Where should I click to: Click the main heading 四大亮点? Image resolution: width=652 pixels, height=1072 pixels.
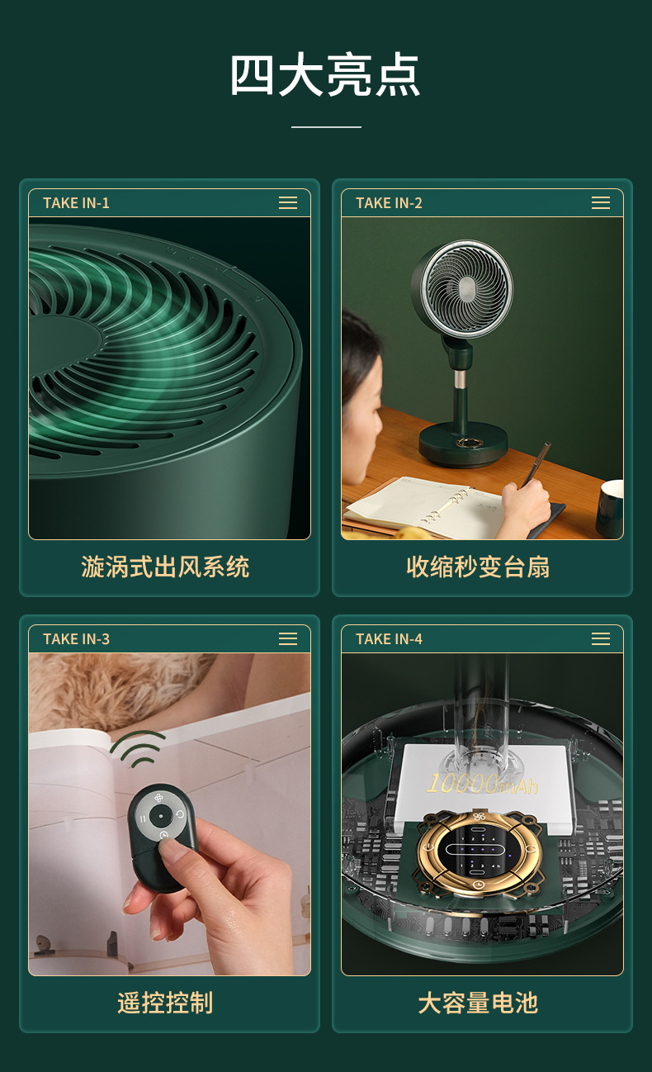point(325,76)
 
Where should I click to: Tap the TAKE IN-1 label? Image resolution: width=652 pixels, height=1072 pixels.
point(76,203)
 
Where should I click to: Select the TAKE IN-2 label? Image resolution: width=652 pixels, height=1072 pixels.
point(389,203)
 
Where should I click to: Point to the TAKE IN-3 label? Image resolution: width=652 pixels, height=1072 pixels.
point(76,639)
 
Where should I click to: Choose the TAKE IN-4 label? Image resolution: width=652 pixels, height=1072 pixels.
point(389,639)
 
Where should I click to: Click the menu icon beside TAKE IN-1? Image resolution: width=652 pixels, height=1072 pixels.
point(288,203)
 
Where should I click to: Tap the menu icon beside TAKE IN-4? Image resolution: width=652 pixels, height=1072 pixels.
point(601,639)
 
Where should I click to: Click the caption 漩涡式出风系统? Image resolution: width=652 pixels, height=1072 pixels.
point(165,567)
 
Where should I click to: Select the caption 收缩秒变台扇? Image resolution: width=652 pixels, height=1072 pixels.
point(478,567)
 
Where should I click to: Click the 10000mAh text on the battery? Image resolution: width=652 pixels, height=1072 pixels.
point(482,785)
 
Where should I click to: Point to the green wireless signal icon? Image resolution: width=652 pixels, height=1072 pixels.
point(137,749)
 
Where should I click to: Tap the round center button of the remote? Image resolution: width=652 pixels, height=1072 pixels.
point(161,815)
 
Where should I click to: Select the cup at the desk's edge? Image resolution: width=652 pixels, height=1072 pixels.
point(609,508)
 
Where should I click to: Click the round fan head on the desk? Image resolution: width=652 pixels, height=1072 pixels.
point(462,288)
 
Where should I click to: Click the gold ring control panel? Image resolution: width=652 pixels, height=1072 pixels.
point(480,851)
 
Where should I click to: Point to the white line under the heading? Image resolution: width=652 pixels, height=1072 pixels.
point(326,127)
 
